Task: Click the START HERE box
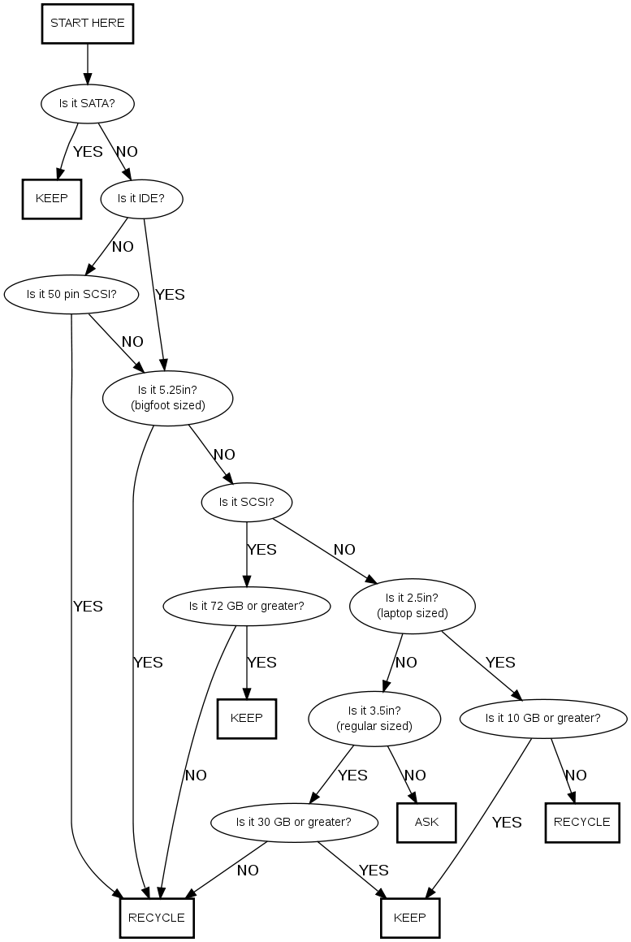tap(87, 24)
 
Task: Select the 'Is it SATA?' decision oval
tap(87, 104)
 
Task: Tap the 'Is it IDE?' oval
tap(140, 198)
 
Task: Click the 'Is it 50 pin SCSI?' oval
tap(71, 294)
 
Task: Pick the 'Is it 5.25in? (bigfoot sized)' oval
tap(168, 398)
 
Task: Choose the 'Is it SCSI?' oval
tap(246, 502)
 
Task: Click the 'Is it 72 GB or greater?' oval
tap(246, 606)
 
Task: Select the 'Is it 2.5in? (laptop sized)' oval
tap(412, 606)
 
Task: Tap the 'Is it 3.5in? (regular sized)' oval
tap(374, 718)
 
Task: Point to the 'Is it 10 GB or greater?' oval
tap(542, 718)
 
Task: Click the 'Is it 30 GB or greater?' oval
tap(293, 822)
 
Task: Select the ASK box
tap(426, 823)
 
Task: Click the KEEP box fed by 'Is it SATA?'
tap(52, 199)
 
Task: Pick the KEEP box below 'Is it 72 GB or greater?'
tap(247, 719)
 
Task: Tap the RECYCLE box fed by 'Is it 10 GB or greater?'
tap(581, 823)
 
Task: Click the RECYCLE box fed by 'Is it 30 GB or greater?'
tap(157, 918)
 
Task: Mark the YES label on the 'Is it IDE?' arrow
tap(170, 295)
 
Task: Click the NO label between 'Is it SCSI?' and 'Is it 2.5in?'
tap(344, 550)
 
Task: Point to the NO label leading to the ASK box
tap(415, 776)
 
